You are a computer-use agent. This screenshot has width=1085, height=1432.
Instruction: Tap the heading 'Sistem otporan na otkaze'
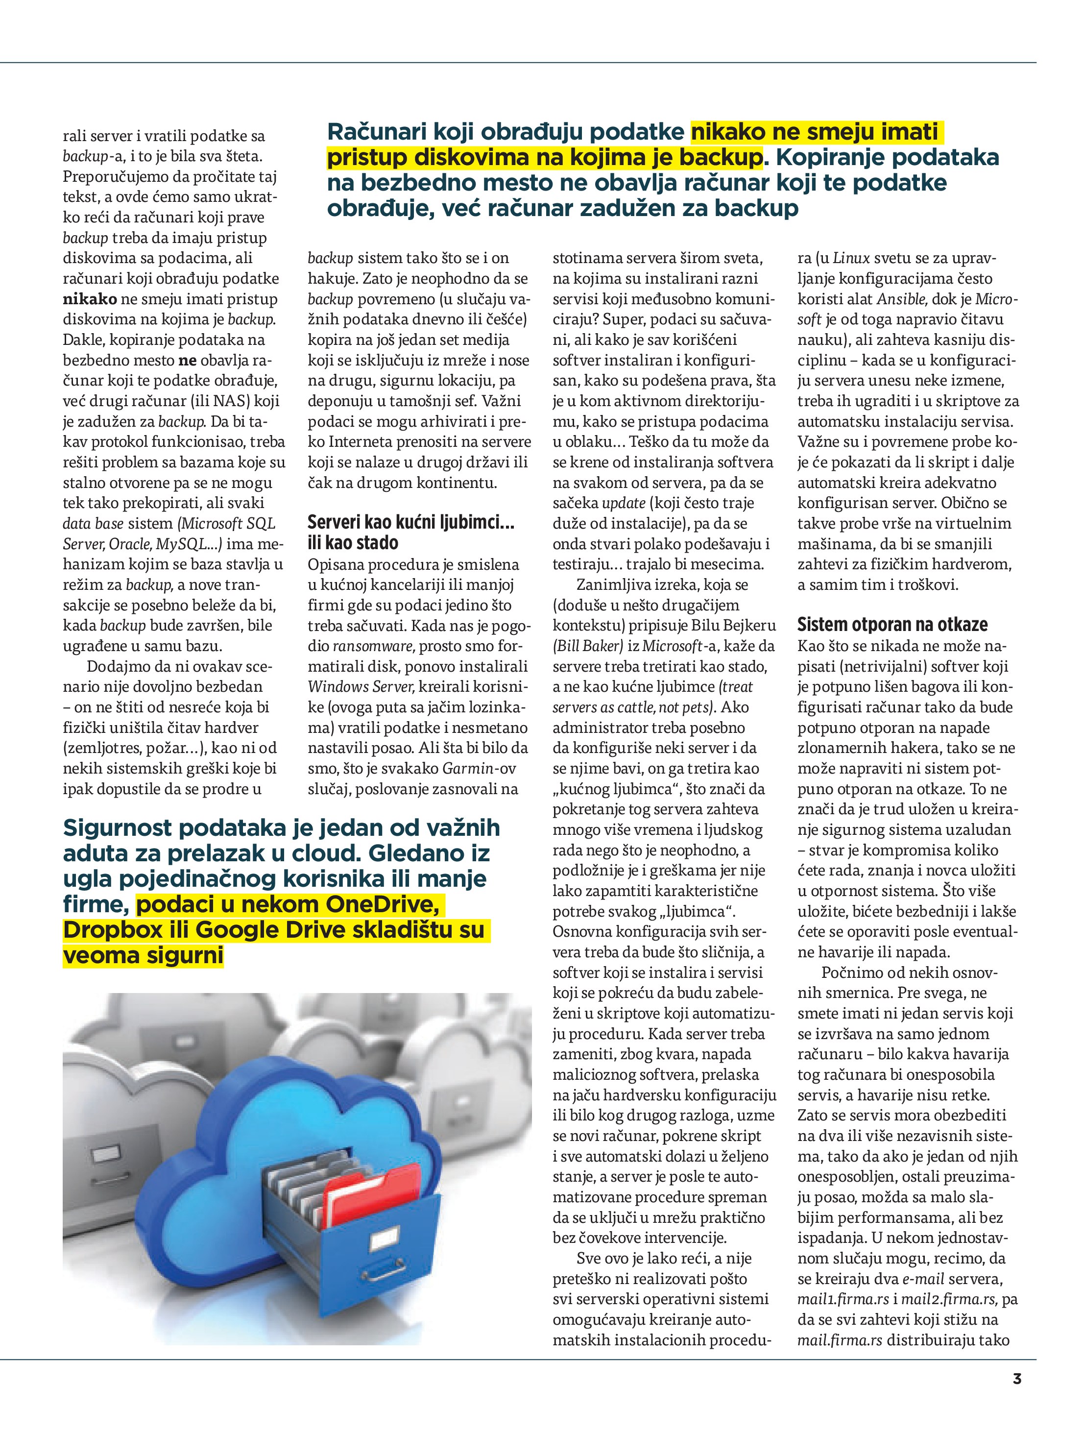click(x=892, y=625)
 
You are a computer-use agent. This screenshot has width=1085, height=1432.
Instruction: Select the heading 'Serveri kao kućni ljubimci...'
click(x=411, y=522)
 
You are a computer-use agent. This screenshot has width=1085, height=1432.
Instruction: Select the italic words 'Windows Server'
click(x=359, y=686)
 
